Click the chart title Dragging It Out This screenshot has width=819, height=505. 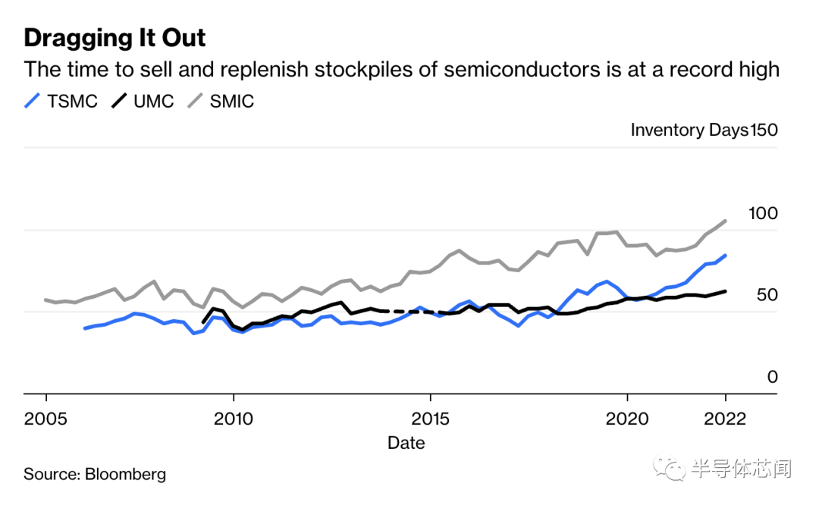coord(115,38)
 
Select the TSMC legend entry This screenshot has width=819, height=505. coord(61,101)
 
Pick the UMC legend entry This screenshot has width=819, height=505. coord(144,101)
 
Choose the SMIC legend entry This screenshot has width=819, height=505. coord(221,101)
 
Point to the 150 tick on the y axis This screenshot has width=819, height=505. coord(764,130)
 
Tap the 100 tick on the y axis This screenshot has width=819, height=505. coord(763,214)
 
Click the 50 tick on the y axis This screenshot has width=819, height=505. coord(767,295)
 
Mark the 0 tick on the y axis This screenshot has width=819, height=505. coord(772,377)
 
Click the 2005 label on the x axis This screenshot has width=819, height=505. coord(45,419)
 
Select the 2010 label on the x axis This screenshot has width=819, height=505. coord(234,419)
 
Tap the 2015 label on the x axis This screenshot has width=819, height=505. coord(430,419)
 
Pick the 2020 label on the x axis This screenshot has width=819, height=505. coord(627,419)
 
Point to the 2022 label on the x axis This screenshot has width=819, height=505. coord(725,419)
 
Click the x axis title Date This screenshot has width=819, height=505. coord(406,443)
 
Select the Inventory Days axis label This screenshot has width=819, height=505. coord(689,130)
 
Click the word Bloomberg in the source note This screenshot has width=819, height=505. coord(125,475)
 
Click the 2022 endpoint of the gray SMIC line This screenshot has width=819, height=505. coord(726,221)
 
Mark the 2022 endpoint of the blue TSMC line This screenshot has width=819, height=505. coord(726,256)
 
